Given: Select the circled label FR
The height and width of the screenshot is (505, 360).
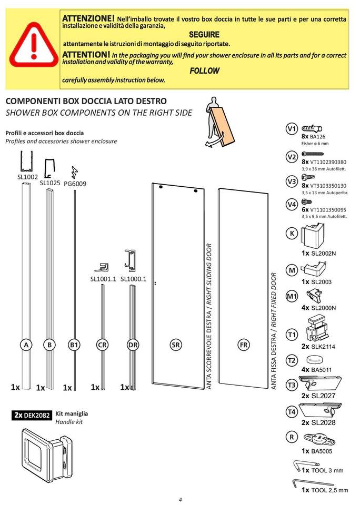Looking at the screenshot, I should tap(243, 345).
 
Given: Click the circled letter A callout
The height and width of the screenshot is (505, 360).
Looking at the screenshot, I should tap(25, 345).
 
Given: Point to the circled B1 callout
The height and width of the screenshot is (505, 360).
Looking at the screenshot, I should tap(74, 345).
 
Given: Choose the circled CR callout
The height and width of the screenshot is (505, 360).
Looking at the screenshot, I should tap(103, 345).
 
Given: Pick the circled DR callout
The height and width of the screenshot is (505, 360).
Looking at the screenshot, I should tap(133, 345).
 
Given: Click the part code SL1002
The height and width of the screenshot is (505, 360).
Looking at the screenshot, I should tap(27, 177).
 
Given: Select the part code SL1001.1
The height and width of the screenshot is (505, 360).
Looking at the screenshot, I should tap(103, 279).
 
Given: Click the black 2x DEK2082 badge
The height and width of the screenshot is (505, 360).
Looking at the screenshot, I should tap(32, 415).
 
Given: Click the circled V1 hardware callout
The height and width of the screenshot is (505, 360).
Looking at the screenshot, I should tap(292, 129).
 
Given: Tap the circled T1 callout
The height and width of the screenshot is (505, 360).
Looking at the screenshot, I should tap(292, 335).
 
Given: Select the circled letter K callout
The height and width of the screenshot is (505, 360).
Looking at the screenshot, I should tap(292, 233).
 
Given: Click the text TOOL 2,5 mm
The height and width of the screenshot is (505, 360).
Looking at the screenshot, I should tap(329, 490).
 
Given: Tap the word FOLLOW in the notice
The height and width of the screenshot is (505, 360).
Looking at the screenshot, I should tap(204, 70).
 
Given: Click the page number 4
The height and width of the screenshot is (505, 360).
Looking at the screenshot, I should tap(180, 500).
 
